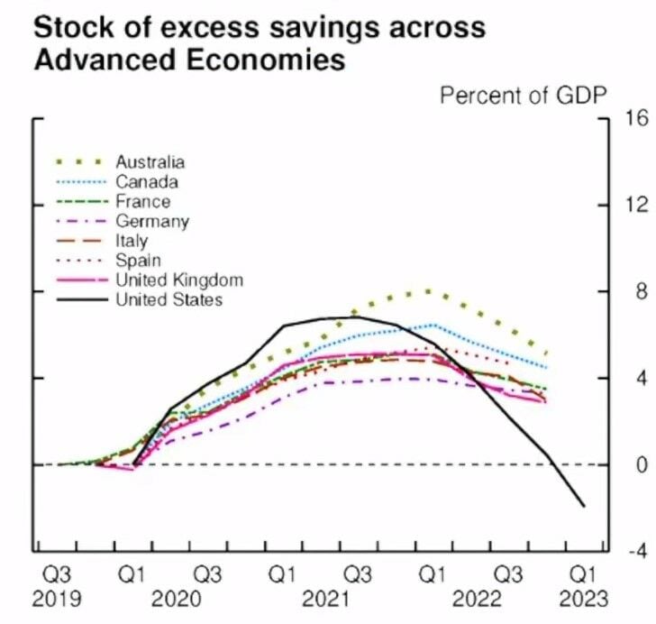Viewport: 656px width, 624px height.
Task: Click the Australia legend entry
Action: pos(150,162)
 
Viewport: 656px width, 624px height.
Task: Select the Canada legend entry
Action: pos(147,182)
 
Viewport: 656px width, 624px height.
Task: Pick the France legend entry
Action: pos(142,202)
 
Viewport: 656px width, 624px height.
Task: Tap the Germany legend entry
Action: pos(151,222)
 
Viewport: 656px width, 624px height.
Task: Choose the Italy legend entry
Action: pos(132,241)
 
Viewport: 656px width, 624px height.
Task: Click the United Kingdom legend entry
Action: pos(179,280)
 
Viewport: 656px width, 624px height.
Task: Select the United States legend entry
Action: pos(169,299)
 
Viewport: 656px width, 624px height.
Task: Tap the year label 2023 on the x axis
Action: pos(583,598)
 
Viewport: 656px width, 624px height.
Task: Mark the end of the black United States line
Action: pos(584,506)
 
